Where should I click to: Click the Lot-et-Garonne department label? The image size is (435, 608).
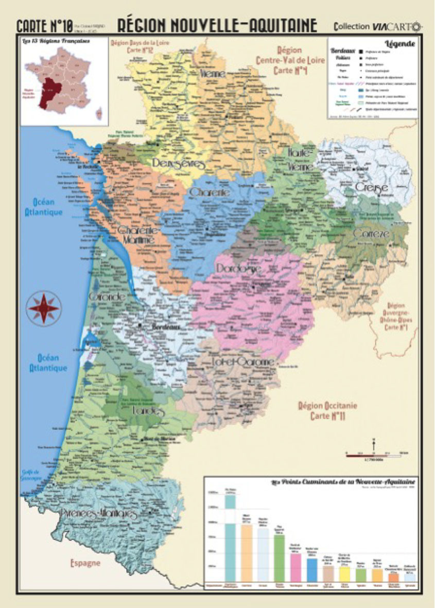point(243,362)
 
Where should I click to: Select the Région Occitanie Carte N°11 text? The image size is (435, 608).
point(328,411)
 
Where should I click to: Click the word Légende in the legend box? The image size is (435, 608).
point(399,44)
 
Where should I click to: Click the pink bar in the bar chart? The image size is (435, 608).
point(295,567)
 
